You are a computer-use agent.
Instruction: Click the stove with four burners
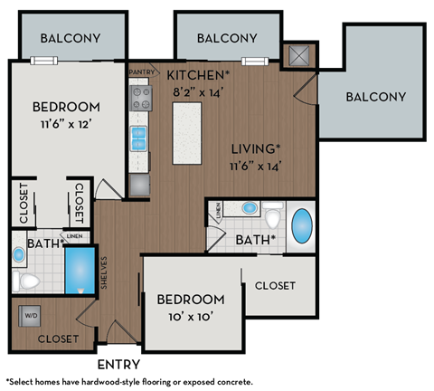coord(140,98)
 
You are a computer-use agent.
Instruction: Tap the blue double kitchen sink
coord(140,138)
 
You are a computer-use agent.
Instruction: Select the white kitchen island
coord(186,132)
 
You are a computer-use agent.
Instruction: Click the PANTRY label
coord(142,72)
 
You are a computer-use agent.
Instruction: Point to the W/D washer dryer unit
coord(31,317)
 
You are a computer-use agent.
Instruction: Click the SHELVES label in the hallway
coord(105,271)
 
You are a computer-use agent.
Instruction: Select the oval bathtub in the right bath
coord(300,226)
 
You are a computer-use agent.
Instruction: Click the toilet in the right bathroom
coord(274,218)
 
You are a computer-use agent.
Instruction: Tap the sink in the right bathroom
coord(249,208)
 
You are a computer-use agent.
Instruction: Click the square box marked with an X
coord(297,55)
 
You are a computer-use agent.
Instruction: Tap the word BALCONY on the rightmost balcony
coord(376,97)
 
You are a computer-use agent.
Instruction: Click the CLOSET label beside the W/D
coord(58,339)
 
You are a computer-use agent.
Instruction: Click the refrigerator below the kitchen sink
coord(140,184)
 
